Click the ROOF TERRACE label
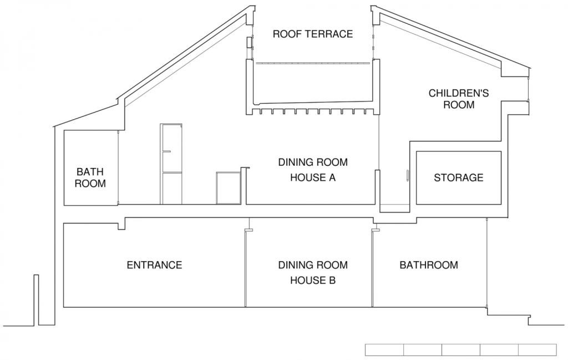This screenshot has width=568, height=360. (313, 34)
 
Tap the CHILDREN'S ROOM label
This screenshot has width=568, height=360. (459, 99)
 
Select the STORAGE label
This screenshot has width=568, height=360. (459, 178)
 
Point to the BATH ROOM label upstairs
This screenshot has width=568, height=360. (90, 178)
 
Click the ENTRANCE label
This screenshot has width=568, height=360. (154, 265)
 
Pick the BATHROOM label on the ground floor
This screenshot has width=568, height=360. (429, 265)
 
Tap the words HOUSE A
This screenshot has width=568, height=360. (313, 178)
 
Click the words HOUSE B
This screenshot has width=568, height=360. (313, 280)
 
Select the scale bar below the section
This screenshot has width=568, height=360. (461, 349)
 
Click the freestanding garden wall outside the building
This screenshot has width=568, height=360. (36, 300)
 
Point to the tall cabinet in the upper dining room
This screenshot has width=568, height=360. (171, 164)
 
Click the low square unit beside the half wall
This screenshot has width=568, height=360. (228, 188)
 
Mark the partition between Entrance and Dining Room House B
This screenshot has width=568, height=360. (246, 268)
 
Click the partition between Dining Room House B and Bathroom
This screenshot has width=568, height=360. (372, 268)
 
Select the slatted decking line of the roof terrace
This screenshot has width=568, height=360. (313, 63)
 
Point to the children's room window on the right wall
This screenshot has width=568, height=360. (528, 89)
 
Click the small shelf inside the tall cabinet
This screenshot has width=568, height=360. (167, 152)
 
